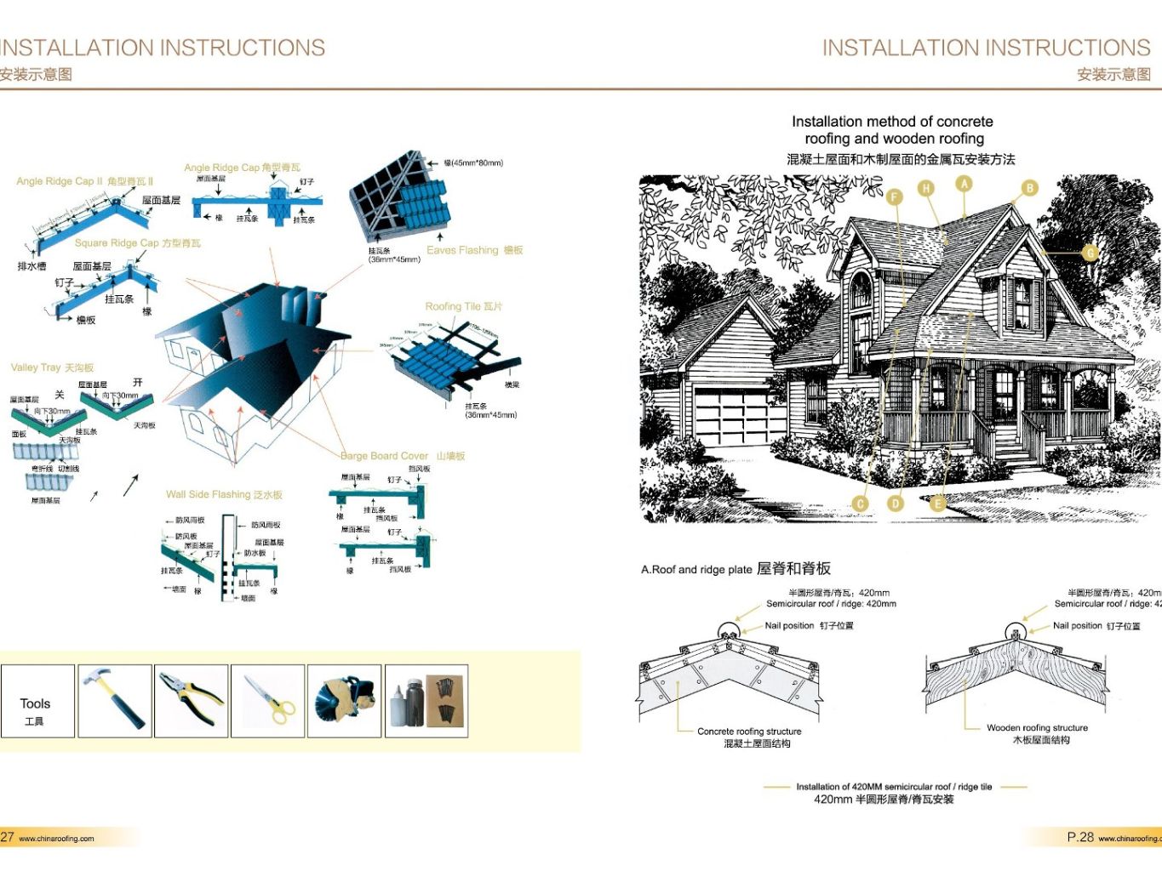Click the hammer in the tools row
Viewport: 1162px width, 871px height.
pos(114,700)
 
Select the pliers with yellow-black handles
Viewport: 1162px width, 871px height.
pos(191,700)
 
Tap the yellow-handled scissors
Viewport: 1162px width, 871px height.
pos(268,700)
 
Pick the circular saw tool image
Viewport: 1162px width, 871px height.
pos(344,700)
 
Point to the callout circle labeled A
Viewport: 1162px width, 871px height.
pos(964,184)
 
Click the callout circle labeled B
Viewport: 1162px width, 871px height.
pos(1029,188)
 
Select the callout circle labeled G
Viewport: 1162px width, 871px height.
pos(1090,253)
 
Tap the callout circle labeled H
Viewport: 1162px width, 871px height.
pos(926,188)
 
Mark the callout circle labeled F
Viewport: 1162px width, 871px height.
pos(894,197)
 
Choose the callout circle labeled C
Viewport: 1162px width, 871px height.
pos(861,504)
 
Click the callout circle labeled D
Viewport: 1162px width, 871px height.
pos(896,504)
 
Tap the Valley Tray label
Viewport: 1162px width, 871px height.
pos(52,367)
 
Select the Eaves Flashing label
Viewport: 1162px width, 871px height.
pos(474,250)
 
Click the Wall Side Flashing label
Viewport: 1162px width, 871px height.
pos(224,494)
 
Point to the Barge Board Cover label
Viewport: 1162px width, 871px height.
pos(403,456)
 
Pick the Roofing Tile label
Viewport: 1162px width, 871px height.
pos(463,306)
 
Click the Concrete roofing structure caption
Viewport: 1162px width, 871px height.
pos(749,732)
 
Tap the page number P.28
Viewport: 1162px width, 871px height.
pos(1079,837)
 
